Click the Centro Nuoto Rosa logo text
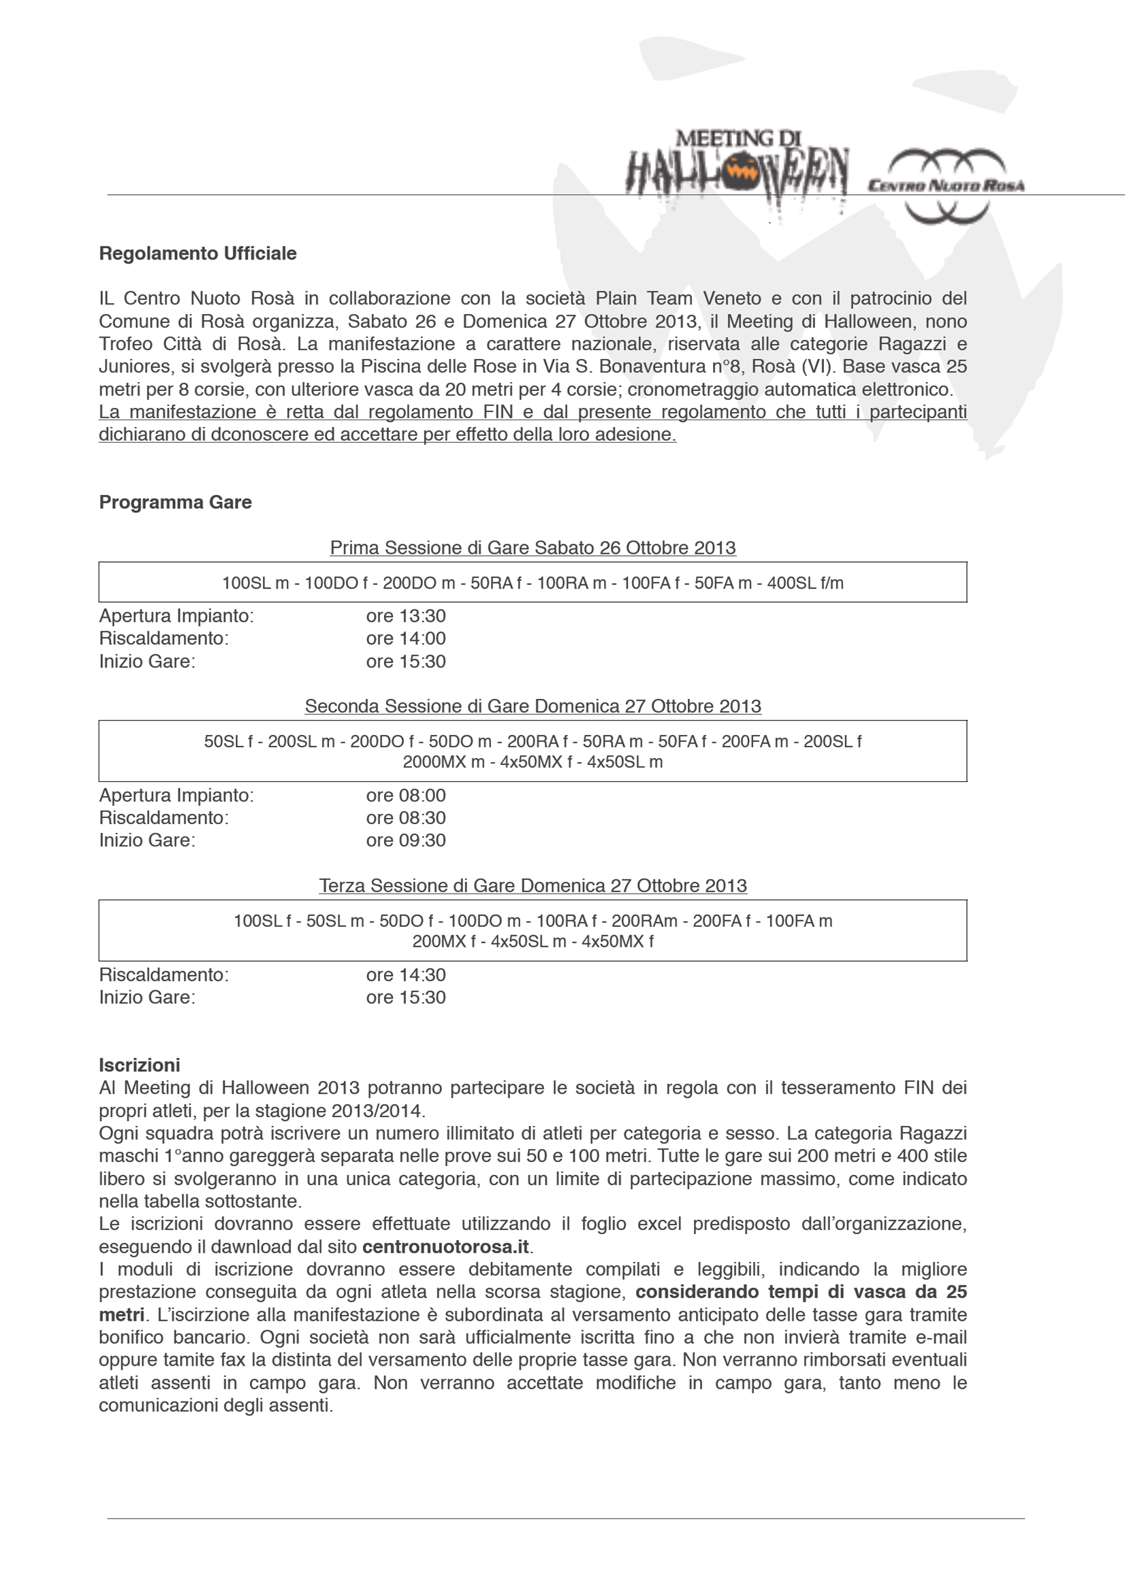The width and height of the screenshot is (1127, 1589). click(x=947, y=185)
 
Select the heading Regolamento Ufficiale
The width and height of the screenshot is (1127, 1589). click(x=197, y=253)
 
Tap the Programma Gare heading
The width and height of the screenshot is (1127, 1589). click(x=175, y=503)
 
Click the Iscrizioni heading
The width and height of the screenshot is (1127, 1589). click(x=140, y=1065)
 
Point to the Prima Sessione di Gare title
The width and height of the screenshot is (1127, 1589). click(x=533, y=548)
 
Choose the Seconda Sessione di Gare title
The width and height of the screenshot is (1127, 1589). click(x=533, y=706)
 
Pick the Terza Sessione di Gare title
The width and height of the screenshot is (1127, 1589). click(x=533, y=886)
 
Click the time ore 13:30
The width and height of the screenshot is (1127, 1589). click(x=406, y=616)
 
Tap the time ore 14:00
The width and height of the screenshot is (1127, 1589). click(x=406, y=638)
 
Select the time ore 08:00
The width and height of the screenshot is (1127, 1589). click(x=406, y=796)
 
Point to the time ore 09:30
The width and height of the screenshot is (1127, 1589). click(x=406, y=840)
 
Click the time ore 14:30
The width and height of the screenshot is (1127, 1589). click(x=406, y=975)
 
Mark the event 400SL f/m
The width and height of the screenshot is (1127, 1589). click(x=805, y=584)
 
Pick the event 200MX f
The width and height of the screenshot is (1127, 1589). click(x=444, y=941)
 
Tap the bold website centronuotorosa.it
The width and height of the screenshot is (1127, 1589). click(x=445, y=1246)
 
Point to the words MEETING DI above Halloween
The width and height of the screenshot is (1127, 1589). click(x=737, y=138)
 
